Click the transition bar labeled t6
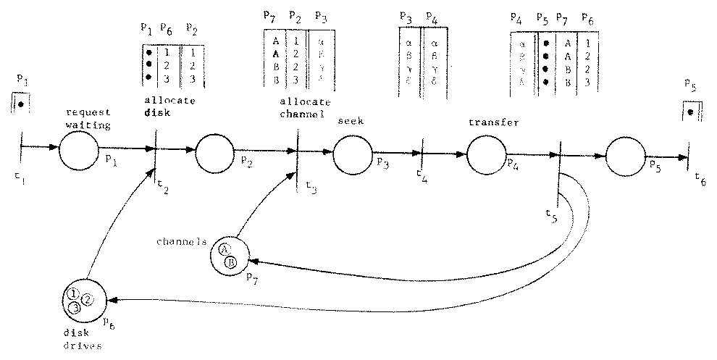click(688, 159)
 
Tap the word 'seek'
click(351, 122)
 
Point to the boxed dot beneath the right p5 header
click(689, 112)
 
